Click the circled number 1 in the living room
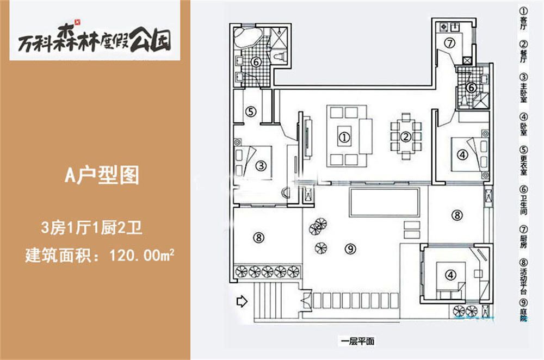tap(344, 138)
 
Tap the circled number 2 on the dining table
tap(406, 136)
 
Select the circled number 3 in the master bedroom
tap(261, 165)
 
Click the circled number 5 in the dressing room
tap(250, 111)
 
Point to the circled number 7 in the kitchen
tap(450, 43)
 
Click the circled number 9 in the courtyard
tap(350, 249)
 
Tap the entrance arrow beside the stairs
tap(242, 301)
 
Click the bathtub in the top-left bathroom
tap(247, 37)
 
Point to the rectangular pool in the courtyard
tap(385, 202)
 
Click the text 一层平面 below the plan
tap(358, 342)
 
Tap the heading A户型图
tap(102, 175)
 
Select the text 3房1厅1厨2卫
tap(91, 228)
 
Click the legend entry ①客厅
tap(523, 18)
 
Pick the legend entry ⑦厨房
tap(523, 237)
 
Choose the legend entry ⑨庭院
tap(523, 311)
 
